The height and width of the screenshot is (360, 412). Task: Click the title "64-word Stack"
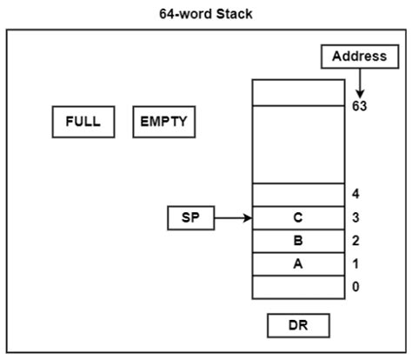click(x=206, y=14)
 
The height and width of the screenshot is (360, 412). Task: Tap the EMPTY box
click(x=163, y=122)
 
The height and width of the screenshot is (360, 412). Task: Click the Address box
click(x=359, y=57)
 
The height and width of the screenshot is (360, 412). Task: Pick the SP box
click(x=190, y=217)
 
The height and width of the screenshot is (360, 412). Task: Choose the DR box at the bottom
click(x=298, y=325)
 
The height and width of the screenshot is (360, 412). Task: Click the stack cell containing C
click(x=298, y=217)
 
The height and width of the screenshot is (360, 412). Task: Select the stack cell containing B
click(x=298, y=241)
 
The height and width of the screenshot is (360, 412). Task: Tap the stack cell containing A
click(x=298, y=264)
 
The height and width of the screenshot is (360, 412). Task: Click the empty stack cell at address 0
click(x=298, y=287)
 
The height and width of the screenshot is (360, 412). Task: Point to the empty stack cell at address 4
click(x=298, y=195)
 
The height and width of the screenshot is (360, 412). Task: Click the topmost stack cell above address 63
click(x=298, y=92)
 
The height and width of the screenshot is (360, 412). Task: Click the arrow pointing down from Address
click(x=359, y=83)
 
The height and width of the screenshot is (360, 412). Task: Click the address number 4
click(x=357, y=195)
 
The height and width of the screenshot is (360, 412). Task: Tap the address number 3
click(x=357, y=217)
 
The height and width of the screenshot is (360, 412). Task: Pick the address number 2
click(x=357, y=241)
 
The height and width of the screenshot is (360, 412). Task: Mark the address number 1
click(x=357, y=264)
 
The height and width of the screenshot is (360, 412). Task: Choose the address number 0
click(x=357, y=287)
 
